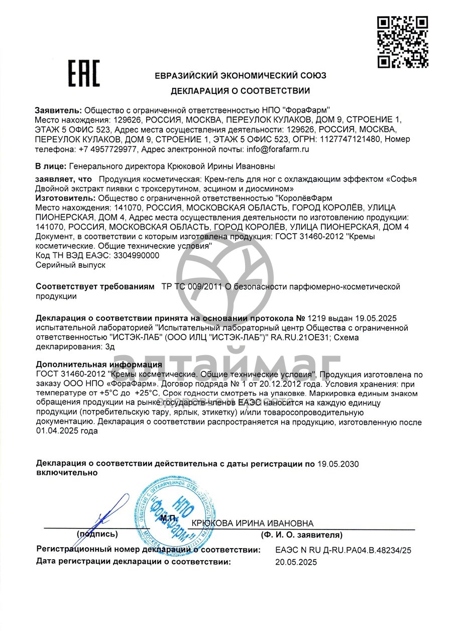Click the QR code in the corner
coord(402,42)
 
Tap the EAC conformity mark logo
coord(84,73)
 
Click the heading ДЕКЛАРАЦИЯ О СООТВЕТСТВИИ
coord(240,91)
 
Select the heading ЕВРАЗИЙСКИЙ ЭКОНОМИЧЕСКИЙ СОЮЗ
coord(240,76)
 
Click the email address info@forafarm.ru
coord(277,149)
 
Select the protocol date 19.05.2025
coord(376,318)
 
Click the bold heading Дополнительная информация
coord(99,365)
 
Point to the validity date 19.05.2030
coord(338,464)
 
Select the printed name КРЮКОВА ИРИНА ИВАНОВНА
coord(252,523)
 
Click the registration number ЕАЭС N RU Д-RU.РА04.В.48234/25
coord(343,550)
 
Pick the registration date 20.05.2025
coord(296,563)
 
